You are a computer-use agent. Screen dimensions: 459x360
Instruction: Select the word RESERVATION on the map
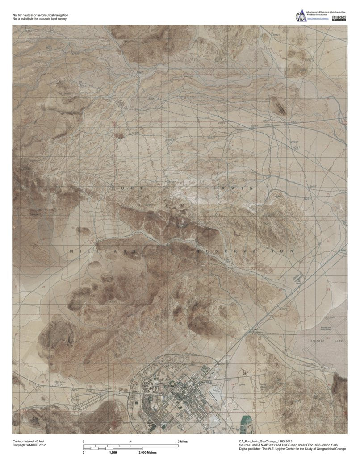pyautogui.click(x=245, y=251)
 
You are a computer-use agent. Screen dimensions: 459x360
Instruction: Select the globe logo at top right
pyautogui.click(x=301, y=17)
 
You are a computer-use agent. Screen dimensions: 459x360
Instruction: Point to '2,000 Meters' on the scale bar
pyautogui.click(x=148, y=452)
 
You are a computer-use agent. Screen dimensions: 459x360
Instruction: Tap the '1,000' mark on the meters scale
pyautogui.click(x=113, y=452)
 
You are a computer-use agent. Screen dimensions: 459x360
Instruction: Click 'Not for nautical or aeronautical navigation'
pyautogui.click(x=41, y=15)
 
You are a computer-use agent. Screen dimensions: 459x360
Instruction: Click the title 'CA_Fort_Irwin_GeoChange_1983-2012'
pyautogui.click(x=266, y=441)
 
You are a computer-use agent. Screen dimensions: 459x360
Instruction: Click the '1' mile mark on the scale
pyautogui.click(x=130, y=441)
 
